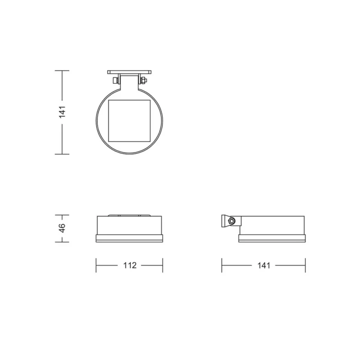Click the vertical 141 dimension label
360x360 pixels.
tap(62, 112)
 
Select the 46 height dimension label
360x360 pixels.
tap(62, 228)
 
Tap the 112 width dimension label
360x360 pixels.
tap(130, 265)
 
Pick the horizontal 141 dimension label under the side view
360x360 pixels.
tap(263, 265)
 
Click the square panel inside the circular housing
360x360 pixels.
tap(129, 121)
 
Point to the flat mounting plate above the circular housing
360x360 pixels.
tap(129, 72)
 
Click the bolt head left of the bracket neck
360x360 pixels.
tap(115, 81)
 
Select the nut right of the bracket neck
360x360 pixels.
tap(143, 81)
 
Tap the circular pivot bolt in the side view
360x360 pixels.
tap(231, 221)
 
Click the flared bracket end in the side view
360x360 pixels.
tap(224, 221)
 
